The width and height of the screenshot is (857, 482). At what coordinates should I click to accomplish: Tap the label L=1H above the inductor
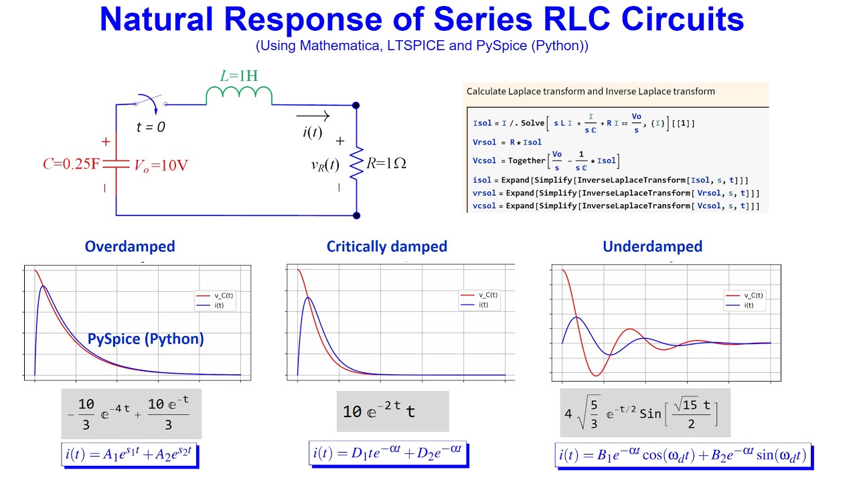[238, 76]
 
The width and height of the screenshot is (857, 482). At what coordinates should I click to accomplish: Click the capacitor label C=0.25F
[72, 164]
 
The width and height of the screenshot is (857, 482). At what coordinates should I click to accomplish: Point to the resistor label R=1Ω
[386, 163]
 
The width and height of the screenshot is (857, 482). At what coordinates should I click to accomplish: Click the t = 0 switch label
[151, 127]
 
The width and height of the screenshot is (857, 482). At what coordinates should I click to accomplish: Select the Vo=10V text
[161, 165]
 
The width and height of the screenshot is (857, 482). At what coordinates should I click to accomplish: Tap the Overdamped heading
[130, 246]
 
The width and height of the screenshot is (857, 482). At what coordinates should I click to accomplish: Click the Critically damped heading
[387, 246]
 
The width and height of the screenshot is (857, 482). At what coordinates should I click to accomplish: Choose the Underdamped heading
[652, 246]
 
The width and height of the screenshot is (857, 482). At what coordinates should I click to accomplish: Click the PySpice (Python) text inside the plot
[146, 339]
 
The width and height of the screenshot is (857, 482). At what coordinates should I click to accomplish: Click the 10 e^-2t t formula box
[392, 411]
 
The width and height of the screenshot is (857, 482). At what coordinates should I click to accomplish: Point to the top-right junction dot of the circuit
[356, 105]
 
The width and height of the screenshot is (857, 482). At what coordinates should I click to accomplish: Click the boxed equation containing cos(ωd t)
[683, 456]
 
